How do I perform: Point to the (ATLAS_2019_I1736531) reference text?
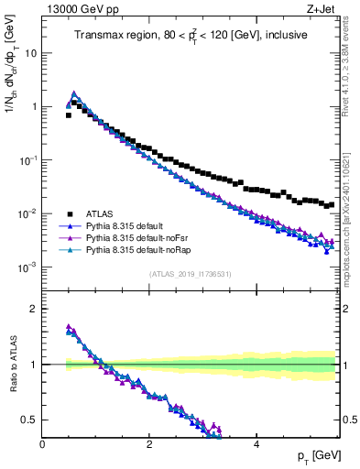coord(191,274)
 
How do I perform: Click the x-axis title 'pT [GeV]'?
coord(316,456)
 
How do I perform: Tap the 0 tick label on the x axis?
coord(43,443)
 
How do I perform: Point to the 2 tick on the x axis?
coord(149,443)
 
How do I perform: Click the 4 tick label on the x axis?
coord(256,443)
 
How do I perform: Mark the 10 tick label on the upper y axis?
coord(30,53)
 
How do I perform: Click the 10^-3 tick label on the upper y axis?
coord(27,267)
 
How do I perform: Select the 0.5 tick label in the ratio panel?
coord(29,420)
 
